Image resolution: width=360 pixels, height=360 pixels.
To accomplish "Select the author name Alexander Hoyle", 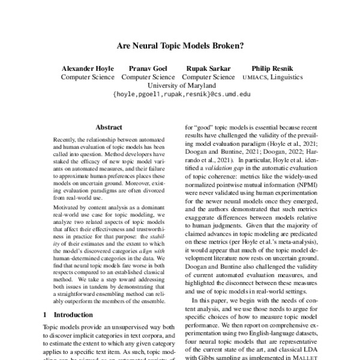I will click(88, 68).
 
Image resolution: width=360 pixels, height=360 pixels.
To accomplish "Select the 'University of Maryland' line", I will click(179, 86).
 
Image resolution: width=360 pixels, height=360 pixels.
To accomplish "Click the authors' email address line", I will click(179, 95).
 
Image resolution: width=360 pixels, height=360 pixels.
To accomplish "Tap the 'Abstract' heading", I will click(109, 128).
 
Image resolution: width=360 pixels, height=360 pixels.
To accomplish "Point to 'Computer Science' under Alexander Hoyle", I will click(88, 77).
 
